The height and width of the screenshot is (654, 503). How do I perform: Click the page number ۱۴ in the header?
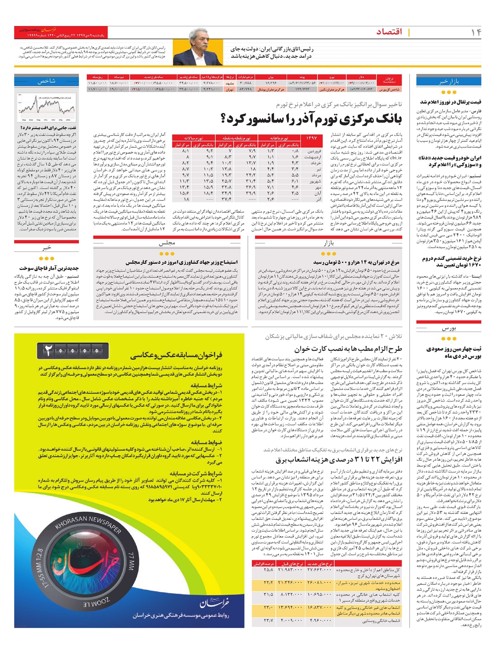pyautogui.click(x=476, y=32)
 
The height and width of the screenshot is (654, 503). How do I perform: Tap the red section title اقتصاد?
pyautogui.click(x=389, y=32)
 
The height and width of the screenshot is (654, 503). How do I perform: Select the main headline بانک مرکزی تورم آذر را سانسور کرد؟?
pyautogui.click(x=311, y=119)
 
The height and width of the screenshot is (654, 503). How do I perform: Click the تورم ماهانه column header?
pyautogui.click(x=278, y=138)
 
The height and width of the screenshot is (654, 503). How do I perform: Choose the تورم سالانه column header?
pyautogui.click(x=194, y=138)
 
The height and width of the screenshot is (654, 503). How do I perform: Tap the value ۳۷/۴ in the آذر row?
pyautogui.click(x=226, y=200)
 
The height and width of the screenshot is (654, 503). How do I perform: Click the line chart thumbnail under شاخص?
pyautogui.click(x=47, y=107)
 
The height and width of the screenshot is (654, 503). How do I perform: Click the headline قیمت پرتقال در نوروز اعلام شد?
pyautogui.click(x=451, y=102)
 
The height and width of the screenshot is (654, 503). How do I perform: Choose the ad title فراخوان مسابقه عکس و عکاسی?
pyautogui.click(x=176, y=356)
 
